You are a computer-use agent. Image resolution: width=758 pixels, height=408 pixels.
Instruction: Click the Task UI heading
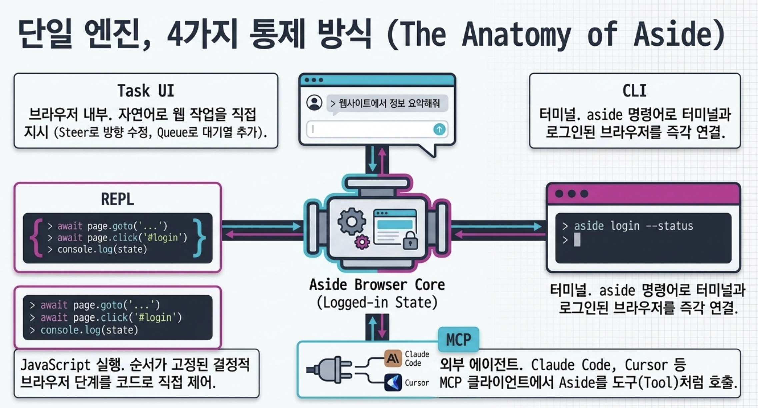click(146, 91)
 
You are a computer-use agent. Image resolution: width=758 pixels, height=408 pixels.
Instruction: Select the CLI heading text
click(634, 91)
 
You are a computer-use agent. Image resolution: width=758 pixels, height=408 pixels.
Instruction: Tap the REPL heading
click(117, 199)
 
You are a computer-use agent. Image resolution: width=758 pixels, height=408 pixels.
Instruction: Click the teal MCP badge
click(459, 340)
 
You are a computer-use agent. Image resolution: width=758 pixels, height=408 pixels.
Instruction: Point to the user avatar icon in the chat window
click(314, 103)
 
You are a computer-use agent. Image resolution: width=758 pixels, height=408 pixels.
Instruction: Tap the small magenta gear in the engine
click(362, 242)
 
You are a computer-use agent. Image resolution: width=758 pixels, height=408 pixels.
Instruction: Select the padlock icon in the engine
click(410, 240)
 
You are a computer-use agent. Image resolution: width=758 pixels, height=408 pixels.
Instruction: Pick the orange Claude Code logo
click(393, 359)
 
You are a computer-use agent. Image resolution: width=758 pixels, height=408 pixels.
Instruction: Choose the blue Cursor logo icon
click(393, 382)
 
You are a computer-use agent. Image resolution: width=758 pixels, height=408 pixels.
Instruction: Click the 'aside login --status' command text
click(633, 226)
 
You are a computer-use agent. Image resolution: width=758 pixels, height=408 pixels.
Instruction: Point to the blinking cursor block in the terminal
click(577, 240)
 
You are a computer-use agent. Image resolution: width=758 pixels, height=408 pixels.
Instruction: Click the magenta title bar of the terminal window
click(643, 194)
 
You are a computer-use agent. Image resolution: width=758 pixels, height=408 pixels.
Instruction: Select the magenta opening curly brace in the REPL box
click(36, 238)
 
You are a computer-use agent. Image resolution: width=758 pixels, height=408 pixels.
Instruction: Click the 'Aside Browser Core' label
click(377, 285)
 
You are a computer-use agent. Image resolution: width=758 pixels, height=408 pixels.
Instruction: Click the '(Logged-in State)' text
click(377, 303)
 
